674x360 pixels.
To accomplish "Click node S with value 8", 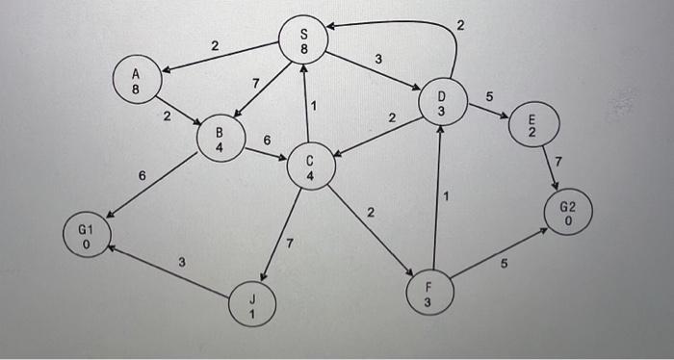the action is tap(305, 40).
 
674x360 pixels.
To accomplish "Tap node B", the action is tap(219, 138).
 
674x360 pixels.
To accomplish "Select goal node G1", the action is tap(87, 235).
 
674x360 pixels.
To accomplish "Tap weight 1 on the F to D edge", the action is tap(447, 196).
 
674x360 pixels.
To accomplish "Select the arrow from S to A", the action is tap(217, 56).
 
